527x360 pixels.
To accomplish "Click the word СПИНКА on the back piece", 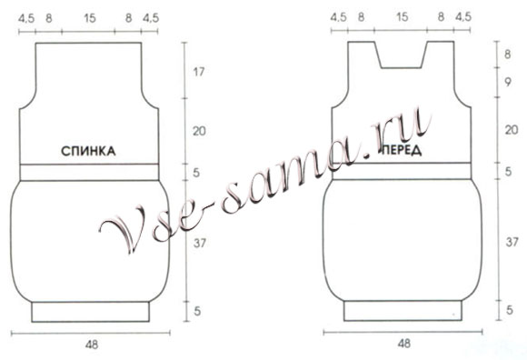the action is click(88, 151).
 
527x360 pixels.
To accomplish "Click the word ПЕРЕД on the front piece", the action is click(402, 150).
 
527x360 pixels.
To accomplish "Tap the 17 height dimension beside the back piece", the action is click(198, 72).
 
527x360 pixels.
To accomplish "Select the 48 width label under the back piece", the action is click(92, 345).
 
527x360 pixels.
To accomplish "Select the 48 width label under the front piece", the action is click(404, 344).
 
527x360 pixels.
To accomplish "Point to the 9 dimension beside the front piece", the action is click(508, 82).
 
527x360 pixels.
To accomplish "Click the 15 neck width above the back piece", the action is click(89, 18).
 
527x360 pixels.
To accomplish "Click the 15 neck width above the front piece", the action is click(402, 16).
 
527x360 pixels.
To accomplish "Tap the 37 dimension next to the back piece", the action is click(199, 243).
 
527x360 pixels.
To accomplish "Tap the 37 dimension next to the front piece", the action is click(512, 241).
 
